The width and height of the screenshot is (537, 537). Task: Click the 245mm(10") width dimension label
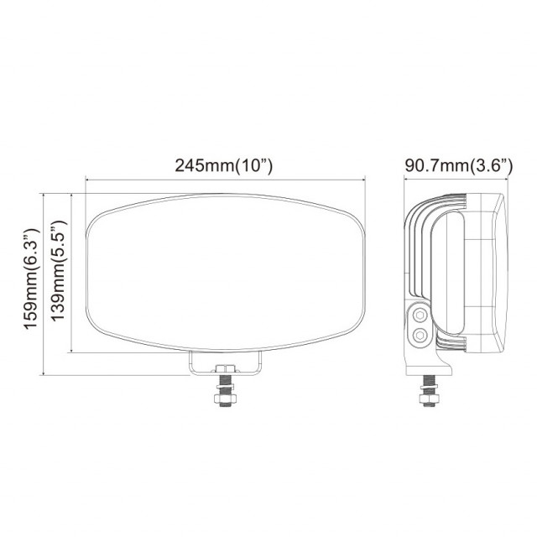pos(224,165)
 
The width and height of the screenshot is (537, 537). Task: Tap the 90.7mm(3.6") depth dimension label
pos(458,165)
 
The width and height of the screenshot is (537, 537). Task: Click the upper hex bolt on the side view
pos(419,315)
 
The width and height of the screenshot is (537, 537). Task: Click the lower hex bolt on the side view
pos(419,336)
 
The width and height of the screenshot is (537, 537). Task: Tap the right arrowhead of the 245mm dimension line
pos(363,179)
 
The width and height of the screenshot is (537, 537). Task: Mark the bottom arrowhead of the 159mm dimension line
pos(44,374)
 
